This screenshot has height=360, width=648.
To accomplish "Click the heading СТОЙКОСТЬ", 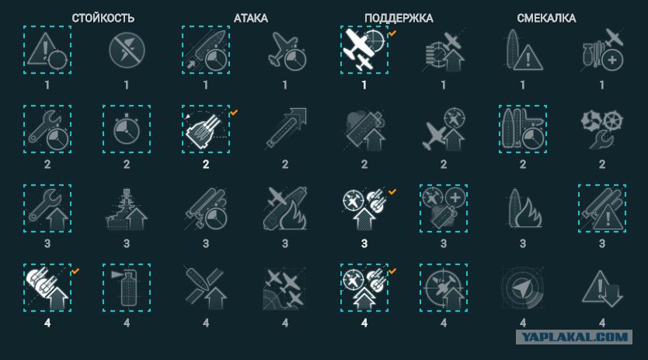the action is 103,18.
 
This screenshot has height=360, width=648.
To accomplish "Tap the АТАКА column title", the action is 250,18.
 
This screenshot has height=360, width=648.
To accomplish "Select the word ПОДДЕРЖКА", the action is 399,18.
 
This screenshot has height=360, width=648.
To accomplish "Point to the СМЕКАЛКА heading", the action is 546,18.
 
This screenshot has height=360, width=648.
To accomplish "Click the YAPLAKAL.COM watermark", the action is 574,337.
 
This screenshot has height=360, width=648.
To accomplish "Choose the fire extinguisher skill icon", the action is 127,288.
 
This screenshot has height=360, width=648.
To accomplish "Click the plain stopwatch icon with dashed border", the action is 127,129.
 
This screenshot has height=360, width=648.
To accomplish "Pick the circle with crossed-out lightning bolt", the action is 127,50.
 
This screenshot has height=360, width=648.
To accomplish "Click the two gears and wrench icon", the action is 602,129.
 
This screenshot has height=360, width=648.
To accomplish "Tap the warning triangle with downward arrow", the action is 602,288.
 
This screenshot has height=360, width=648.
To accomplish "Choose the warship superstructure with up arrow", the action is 127,208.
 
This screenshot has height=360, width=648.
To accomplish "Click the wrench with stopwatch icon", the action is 47,129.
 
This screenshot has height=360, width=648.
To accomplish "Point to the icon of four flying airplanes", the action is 285,288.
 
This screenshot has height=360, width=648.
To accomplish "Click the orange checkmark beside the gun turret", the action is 234,112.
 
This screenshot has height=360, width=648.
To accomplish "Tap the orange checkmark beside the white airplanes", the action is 392,33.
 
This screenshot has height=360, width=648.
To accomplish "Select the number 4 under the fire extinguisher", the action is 127,323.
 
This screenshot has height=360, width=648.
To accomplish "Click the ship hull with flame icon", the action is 522,208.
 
